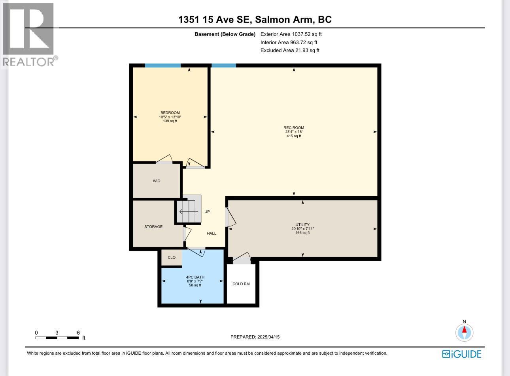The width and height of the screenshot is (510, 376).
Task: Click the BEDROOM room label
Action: tap(170, 113)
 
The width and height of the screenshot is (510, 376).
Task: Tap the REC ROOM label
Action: tap(294, 127)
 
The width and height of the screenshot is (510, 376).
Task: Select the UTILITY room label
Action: tap(302, 224)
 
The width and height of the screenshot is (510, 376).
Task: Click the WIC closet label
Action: tap(157, 181)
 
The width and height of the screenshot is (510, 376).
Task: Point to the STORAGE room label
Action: tap(153, 227)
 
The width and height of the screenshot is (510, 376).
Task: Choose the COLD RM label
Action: tap(241, 284)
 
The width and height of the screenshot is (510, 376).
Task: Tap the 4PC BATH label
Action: tap(195, 277)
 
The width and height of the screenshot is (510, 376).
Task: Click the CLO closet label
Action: tap(172, 258)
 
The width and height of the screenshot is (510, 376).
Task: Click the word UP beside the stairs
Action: tap(207, 212)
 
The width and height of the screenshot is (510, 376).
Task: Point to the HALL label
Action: tap(212, 234)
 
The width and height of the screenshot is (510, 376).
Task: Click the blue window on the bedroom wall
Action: tap(162, 65)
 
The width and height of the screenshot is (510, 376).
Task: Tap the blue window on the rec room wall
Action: tap(223, 65)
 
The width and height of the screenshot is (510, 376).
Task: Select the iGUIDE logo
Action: tap(461, 354)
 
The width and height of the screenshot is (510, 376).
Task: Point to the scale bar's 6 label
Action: tap(78, 333)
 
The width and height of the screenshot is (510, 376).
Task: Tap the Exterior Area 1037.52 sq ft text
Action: tap(291, 34)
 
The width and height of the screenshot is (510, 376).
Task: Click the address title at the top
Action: tap(255, 19)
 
